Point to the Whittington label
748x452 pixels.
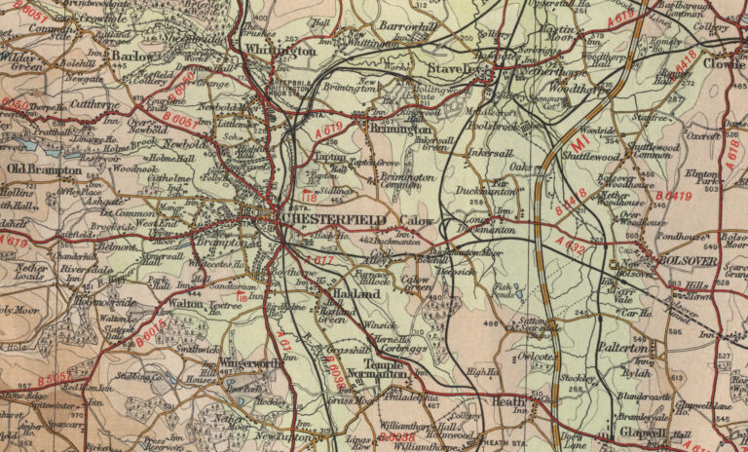coord(280,49)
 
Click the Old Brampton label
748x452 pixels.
coord(44,169)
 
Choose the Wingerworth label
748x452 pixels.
coord(250,362)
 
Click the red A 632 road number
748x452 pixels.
coord(568,245)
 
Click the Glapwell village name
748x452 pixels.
coord(642,433)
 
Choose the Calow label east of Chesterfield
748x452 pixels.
coord(416,220)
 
